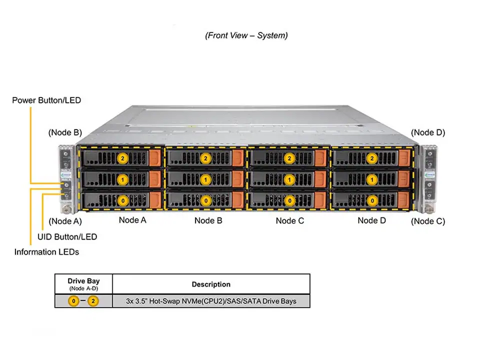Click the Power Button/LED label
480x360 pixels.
46,100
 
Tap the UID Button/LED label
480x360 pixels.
67,236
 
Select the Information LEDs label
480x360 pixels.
46,252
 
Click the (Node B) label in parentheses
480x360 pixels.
65,132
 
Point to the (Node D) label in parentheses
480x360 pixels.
428,132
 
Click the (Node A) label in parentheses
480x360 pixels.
65,221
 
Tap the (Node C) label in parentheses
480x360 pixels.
428,221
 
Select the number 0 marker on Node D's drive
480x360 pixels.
372,200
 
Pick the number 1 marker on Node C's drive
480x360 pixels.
289,179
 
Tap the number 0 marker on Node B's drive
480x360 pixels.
205,200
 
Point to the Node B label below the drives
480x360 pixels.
208,220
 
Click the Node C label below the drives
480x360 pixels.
290,220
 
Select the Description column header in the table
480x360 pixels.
211,284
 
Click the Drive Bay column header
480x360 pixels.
83,281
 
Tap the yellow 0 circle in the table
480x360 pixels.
73,301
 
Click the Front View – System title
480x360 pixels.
246,35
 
